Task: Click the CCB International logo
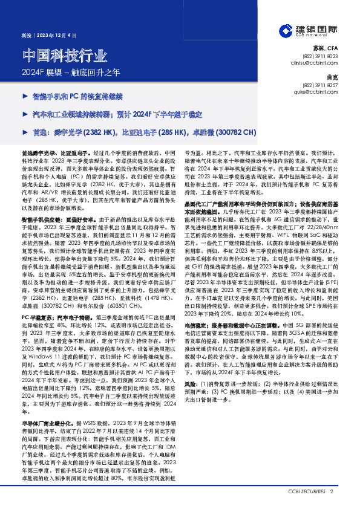pos(309,31)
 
